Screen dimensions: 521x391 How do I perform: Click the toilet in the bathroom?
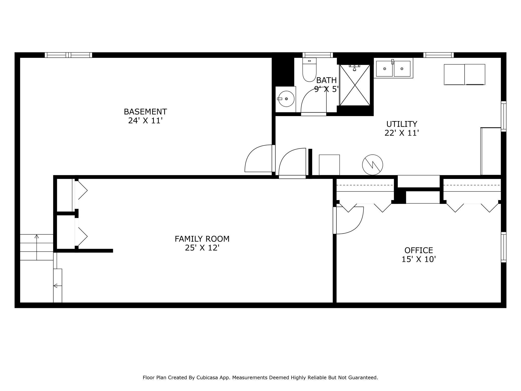point(309,70)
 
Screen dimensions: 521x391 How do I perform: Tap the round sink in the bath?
point(286,99)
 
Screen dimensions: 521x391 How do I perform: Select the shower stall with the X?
point(355,85)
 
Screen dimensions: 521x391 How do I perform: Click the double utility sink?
point(393,68)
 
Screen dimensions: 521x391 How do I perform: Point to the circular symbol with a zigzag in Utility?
point(372,165)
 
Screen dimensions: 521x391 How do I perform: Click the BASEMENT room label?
point(145,112)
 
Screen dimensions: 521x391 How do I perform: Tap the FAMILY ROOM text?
point(202,239)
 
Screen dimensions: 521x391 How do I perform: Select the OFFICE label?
point(419,250)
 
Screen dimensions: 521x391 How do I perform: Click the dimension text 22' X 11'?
point(402,133)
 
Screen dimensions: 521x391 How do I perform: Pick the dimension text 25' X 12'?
point(202,248)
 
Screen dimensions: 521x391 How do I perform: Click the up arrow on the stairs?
point(37,247)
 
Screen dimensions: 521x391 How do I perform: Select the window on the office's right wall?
point(503,247)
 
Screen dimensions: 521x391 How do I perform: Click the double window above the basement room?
point(68,55)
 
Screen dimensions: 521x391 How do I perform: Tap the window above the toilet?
point(318,55)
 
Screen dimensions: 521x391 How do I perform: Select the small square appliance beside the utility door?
point(329,165)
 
